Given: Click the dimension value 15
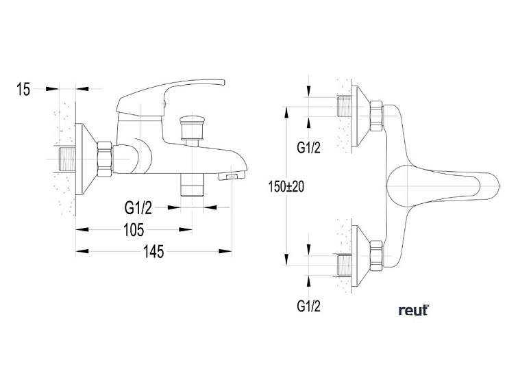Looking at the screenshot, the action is pyautogui.click(x=23, y=89).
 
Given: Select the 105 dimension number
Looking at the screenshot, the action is pyautogui.click(x=134, y=230).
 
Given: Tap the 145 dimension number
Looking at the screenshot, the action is pyautogui.click(x=153, y=252).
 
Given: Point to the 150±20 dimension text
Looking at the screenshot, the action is pyautogui.click(x=286, y=187).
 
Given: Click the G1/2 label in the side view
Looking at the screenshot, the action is pyautogui.click(x=138, y=208).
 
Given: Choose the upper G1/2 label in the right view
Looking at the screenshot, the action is pyautogui.click(x=308, y=148).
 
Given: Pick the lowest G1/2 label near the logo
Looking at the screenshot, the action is pyautogui.click(x=308, y=306).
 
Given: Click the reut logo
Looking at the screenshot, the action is pyautogui.click(x=414, y=311).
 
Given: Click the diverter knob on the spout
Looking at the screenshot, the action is pyautogui.click(x=191, y=127).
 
